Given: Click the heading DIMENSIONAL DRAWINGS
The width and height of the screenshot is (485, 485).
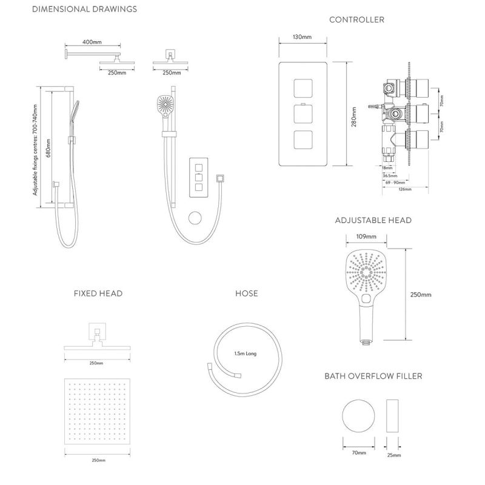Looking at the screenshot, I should point(84,9).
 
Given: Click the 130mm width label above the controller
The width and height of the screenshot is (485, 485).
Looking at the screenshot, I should point(302,38).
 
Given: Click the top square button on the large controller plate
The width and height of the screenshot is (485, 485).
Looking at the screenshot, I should point(303,89).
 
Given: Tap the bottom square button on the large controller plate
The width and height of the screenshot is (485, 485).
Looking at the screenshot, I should point(303,141).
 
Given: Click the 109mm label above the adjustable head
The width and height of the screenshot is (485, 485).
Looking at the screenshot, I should point(364,237).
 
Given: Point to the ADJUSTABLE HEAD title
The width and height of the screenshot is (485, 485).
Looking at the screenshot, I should point(373,220).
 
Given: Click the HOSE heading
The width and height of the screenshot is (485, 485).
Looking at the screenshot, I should point(246,293).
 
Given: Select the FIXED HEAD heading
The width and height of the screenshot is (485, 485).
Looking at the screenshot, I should point(98,293).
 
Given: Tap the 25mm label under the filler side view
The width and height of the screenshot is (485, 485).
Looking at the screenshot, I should point(393,454).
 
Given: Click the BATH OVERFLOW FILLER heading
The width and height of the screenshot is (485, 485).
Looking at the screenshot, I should point(373,376).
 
